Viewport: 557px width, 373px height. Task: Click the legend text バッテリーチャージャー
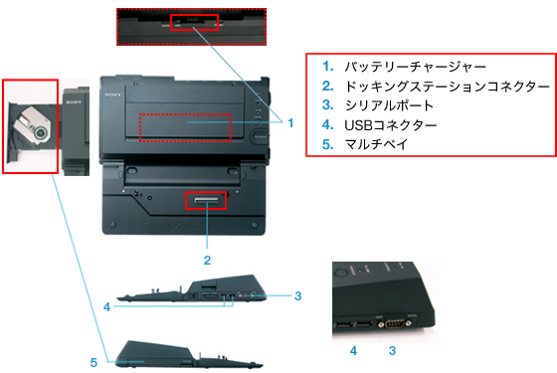415,67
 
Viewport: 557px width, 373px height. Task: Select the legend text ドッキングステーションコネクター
447,87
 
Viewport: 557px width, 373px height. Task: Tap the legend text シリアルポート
389,105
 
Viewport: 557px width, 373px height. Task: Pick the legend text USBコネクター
390,125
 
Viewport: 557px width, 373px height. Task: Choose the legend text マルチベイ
376,144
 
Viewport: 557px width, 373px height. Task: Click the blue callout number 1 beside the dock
290,123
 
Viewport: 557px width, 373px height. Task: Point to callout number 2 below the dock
207,260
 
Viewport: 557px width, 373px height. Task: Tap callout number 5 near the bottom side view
93,362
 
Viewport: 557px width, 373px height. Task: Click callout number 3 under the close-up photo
392,350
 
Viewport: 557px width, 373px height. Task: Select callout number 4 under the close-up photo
353,350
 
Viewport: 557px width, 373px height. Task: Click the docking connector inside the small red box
206,201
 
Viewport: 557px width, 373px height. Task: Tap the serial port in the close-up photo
395,323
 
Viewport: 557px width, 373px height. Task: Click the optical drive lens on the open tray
41,132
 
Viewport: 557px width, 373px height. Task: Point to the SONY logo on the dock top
113,94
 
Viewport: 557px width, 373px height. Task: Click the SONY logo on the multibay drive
74,102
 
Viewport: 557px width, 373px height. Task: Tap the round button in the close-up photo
340,273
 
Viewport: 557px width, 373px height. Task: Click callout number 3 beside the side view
297,295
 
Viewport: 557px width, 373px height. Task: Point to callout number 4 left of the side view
106,307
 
